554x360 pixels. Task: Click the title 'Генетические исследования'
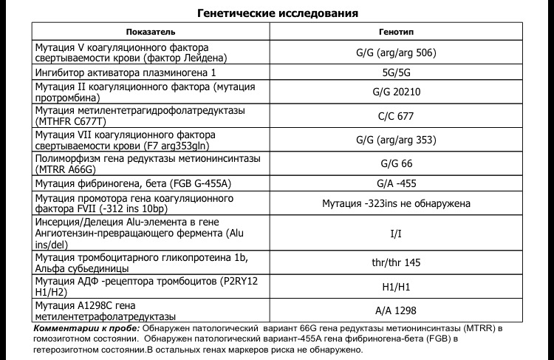[x=278, y=13]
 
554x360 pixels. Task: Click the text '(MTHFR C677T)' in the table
[x=68, y=122]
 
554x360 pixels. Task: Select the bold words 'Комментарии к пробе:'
[x=78, y=327]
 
